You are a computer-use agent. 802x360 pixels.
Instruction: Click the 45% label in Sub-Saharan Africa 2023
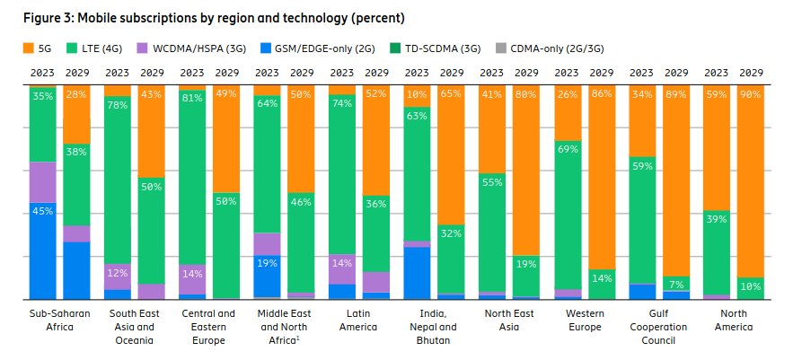click(42, 211)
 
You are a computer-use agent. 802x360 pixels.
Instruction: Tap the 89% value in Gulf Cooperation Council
click(674, 93)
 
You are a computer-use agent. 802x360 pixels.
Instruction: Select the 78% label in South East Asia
click(117, 104)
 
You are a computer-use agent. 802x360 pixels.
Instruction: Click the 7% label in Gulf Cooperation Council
click(674, 285)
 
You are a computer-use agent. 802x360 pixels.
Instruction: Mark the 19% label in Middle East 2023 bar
click(267, 263)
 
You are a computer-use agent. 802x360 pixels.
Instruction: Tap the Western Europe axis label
click(584, 320)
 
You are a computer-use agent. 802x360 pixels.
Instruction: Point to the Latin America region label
click(358, 320)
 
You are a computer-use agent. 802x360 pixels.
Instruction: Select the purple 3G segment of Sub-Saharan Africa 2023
click(42, 181)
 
